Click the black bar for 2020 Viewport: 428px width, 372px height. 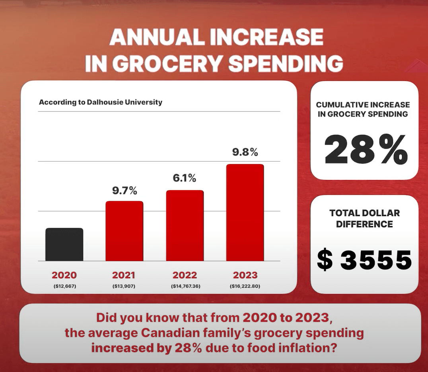click(x=64, y=244)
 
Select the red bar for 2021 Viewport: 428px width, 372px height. click(x=124, y=231)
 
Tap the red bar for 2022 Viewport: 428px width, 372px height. click(x=185, y=226)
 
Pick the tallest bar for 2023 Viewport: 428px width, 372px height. click(x=245, y=212)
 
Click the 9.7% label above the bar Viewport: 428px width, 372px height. click(x=125, y=191)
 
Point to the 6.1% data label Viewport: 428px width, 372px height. click(x=185, y=178)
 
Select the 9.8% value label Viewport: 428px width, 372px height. click(x=245, y=152)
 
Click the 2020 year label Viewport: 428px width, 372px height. click(x=64, y=275)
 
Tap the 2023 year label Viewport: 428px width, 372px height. click(x=245, y=275)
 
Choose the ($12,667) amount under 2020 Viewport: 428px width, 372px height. click(x=64, y=286)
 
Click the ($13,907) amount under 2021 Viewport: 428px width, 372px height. click(x=124, y=286)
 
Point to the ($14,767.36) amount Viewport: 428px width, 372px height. click(x=185, y=286)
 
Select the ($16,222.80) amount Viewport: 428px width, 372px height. click(x=245, y=286)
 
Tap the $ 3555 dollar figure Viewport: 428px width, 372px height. click(x=364, y=260)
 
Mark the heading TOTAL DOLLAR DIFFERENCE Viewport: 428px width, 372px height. click(x=364, y=218)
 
